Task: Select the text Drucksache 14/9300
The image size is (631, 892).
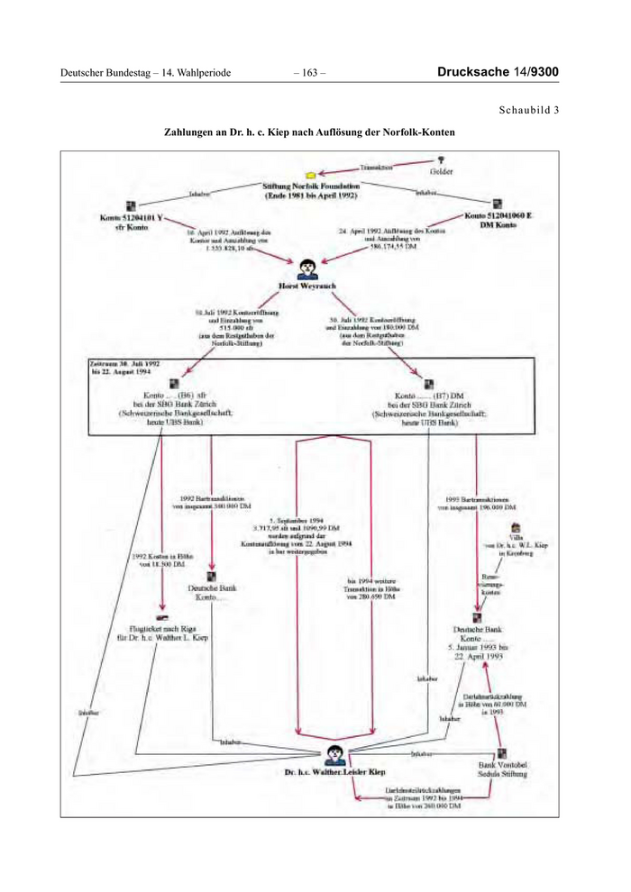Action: [498, 71]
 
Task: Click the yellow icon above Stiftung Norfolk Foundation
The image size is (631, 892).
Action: [310, 172]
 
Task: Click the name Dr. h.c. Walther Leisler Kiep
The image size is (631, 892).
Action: [334, 773]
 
